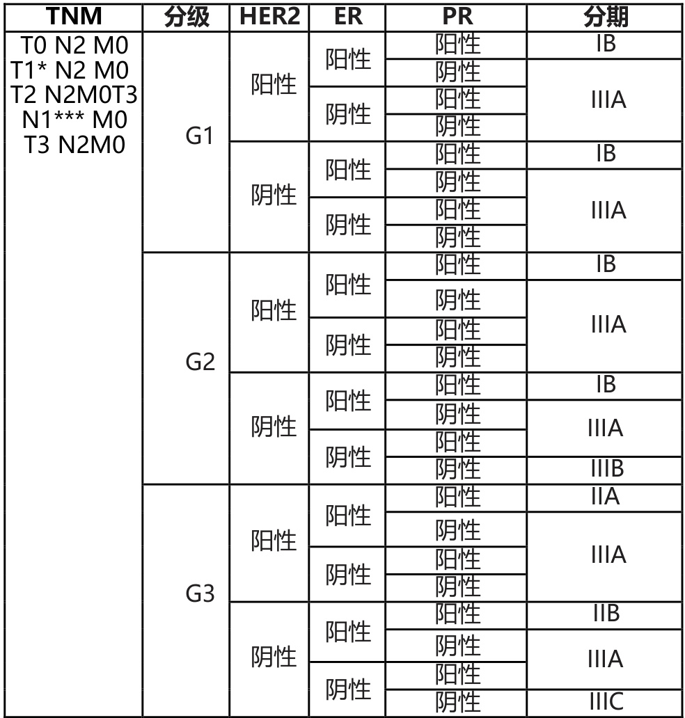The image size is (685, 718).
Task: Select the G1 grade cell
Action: pos(199,136)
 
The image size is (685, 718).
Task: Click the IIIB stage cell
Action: pos(606,470)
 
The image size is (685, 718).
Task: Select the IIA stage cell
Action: pos(606,497)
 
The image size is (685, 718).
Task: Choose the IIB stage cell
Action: pos(606,614)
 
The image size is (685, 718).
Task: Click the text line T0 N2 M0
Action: pos(72,46)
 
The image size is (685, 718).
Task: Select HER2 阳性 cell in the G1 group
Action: pos(274,86)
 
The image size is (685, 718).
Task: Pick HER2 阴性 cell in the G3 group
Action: pos(274,657)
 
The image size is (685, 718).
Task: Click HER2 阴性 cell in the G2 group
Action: pos(274,426)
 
